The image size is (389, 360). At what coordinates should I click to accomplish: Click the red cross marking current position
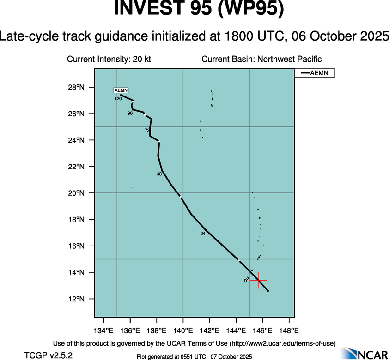[x=259, y=280]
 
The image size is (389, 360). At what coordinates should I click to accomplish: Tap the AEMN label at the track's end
[x=121, y=90]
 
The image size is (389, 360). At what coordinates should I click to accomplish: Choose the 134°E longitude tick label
[x=103, y=330]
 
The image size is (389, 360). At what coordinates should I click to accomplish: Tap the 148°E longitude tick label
[x=289, y=330]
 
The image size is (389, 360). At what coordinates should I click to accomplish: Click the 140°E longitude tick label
[x=183, y=330]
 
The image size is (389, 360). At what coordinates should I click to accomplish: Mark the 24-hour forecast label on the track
[x=202, y=234]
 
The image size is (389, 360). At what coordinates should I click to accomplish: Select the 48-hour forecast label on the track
[x=159, y=174]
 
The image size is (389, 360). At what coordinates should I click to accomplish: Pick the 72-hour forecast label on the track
[x=147, y=131]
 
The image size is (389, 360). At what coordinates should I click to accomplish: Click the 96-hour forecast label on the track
[x=130, y=113]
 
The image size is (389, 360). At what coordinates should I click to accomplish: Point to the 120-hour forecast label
[x=118, y=99]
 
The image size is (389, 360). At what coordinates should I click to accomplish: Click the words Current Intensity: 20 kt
[x=109, y=59]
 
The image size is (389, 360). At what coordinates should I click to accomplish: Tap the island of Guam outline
[x=246, y=280]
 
